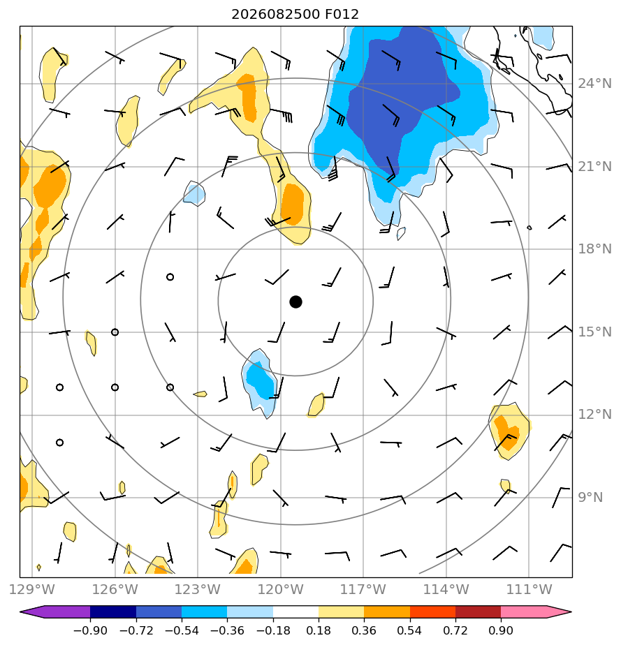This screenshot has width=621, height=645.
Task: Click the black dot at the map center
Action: pos(295,302)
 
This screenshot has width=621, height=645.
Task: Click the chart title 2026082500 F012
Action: pos(295,15)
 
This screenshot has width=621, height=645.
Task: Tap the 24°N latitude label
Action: pos(594,84)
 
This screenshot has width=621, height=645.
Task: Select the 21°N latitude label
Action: pos(594,167)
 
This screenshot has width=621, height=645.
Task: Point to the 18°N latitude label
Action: pos(594,249)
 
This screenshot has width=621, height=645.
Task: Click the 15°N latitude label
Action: pos(594,332)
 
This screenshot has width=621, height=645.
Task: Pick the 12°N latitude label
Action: pos(594,414)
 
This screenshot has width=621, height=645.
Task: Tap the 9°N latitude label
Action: pos(590,497)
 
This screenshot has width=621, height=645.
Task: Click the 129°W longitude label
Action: pos(31,589)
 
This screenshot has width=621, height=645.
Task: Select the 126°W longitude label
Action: pos(115,589)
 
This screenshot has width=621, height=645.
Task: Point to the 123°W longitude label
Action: pos(198,589)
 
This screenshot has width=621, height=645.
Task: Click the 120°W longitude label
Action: pos(281,589)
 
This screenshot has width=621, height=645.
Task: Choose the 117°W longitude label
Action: pos(363,589)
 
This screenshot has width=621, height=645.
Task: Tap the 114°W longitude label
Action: pos(446,589)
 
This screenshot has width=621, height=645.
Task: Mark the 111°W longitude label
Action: pos(529,589)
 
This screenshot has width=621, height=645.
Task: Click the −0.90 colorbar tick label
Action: pos(90,630)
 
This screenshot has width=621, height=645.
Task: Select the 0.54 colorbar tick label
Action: pos(409,630)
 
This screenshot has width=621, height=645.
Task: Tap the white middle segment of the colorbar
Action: pos(295,611)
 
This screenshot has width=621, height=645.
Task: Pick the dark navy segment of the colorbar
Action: pos(113,611)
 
